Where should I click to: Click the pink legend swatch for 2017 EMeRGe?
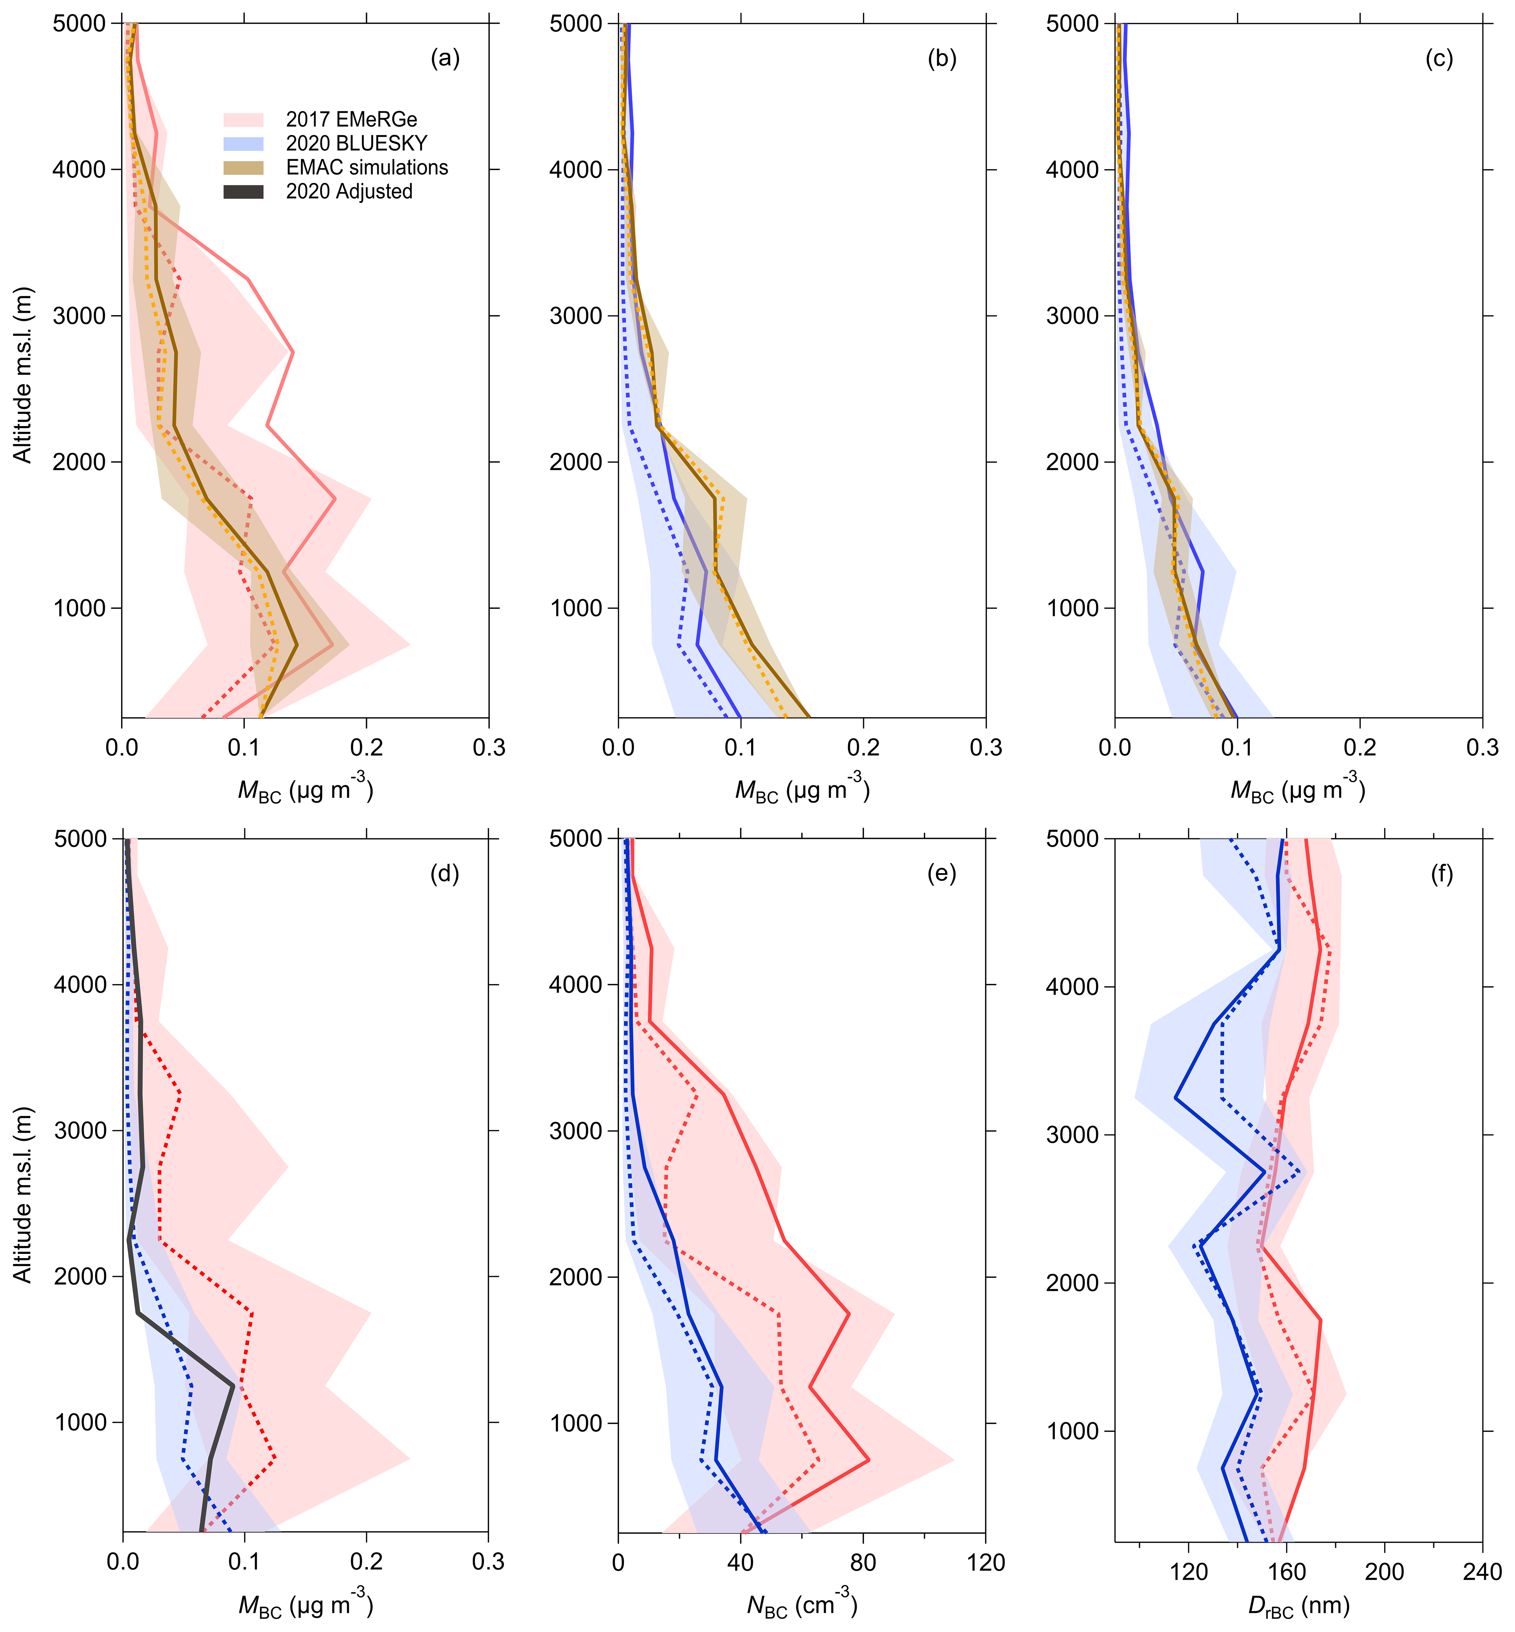point(244,120)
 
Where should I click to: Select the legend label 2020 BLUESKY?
point(357,143)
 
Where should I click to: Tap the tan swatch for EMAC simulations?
point(244,167)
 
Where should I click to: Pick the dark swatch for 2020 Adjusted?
point(244,191)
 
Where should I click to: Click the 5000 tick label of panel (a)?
point(80,24)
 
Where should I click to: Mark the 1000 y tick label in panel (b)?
point(576,608)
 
